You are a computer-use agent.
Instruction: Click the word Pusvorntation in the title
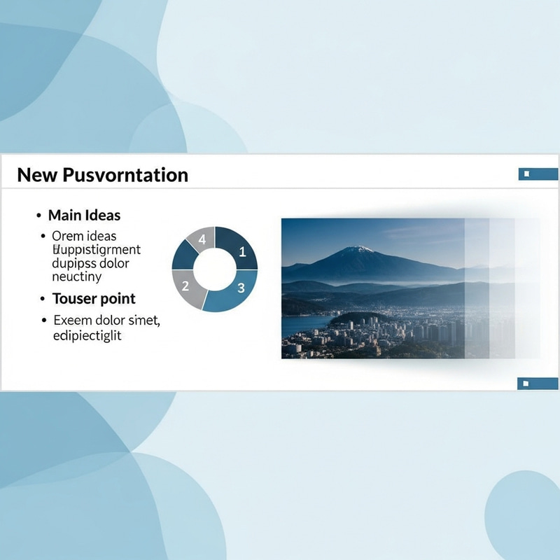pyautogui.click(x=125, y=175)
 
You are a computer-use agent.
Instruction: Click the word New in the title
pyautogui.click(x=37, y=175)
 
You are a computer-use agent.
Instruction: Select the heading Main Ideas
pyautogui.click(x=84, y=216)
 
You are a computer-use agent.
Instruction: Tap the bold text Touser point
pyautogui.click(x=94, y=299)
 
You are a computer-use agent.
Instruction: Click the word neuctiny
pyautogui.click(x=77, y=276)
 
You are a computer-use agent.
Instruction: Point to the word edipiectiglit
pyautogui.click(x=87, y=335)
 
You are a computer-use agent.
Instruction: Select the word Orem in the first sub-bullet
pyautogui.click(x=67, y=236)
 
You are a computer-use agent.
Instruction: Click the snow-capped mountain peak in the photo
pyautogui.click(x=358, y=249)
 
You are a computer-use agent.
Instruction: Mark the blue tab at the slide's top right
pyautogui.click(x=538, y=174)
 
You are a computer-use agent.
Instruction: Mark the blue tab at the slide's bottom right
pyautogui.click(x=538, y=383)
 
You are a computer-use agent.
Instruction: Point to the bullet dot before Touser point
pyautogui.click(x=42, y=300)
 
